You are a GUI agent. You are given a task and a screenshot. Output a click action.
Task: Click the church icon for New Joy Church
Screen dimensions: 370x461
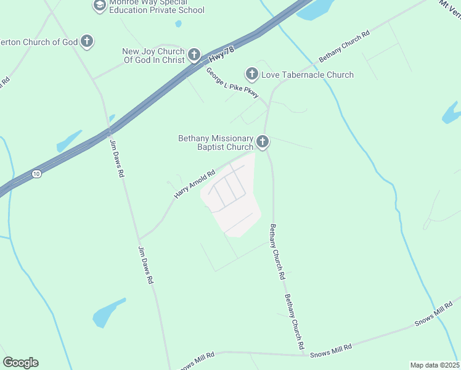click(194, 55)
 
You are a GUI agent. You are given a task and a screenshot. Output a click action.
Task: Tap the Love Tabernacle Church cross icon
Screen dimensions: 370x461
click(251, 75)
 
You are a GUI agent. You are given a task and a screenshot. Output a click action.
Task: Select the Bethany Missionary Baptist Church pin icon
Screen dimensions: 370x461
click(263, 142)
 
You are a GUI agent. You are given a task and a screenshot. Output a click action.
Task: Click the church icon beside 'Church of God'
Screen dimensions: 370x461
click(87, 42)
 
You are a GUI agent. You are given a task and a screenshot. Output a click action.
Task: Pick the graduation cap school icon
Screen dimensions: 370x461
click(99, 6)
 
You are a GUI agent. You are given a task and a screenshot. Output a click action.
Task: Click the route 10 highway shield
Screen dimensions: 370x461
click(37, 175)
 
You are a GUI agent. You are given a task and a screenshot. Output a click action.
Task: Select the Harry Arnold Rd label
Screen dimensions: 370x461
click(194, 184)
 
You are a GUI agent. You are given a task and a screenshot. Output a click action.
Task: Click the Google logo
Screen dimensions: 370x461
click(20, 363)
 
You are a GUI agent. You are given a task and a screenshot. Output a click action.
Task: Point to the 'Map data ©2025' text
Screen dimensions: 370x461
click(434, 365)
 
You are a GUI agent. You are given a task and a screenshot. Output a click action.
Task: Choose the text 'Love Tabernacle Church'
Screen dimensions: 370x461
click(308, 75)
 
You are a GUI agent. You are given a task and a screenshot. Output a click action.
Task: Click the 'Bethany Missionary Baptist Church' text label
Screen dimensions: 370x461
click(216, 142)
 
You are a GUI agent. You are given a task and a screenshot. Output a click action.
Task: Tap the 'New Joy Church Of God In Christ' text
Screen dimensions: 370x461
click(154, 55)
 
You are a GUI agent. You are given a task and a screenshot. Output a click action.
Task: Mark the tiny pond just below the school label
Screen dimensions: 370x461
click(178, 24)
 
